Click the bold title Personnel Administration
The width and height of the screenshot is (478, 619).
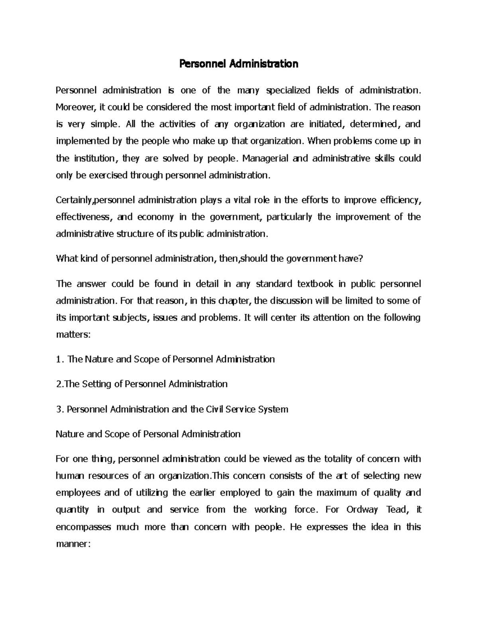[239, 64]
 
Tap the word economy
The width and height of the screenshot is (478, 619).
[155, 217]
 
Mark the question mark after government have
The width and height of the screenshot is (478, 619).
[361, 259]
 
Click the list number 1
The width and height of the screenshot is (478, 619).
[59, 360]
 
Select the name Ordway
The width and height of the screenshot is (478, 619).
[361, 510]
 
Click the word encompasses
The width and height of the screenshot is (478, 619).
[83, 527]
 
